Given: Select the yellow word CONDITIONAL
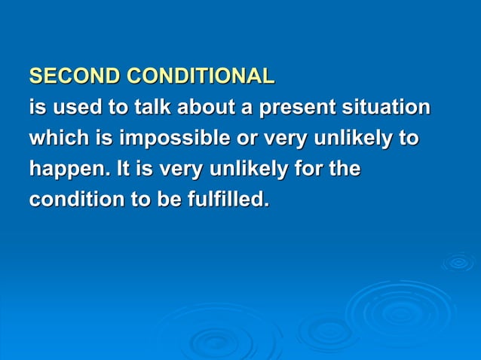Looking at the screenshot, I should click(201, 77).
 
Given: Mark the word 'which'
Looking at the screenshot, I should click(54, 139).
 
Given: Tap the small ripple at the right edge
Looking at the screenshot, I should click(458, 261).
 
